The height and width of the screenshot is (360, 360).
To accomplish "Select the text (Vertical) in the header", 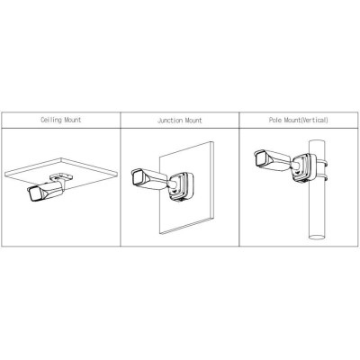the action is pos(314,120).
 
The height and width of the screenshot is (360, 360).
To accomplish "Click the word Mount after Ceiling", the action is pos(73,120).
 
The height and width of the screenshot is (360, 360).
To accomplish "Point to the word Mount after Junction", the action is pos(193,121).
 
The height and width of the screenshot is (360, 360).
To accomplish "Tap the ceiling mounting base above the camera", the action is pos(61,177).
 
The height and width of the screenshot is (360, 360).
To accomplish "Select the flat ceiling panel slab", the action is pos(61,170).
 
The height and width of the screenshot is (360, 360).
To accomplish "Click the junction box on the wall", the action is pos(181,185).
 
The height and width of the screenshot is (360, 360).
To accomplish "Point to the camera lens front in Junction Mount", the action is pos(138,177).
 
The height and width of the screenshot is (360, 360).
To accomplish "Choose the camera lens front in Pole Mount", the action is pos(260,158).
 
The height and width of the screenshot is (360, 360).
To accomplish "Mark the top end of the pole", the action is pos(317,141).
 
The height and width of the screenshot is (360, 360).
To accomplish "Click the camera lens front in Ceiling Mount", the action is pos(33,195).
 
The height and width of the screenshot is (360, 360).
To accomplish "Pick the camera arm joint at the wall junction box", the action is pos(173,184).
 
